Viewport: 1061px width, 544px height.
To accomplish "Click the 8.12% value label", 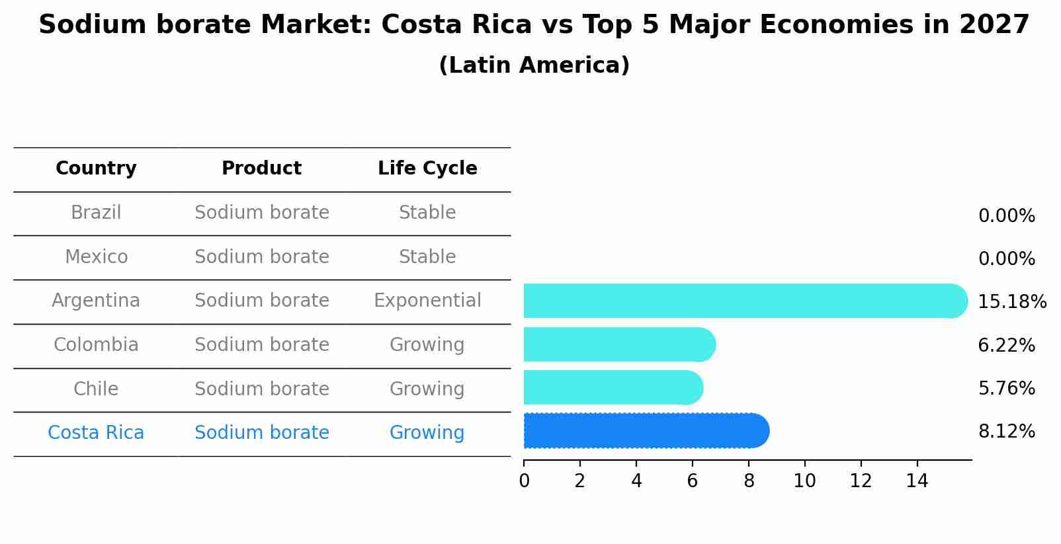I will tap(1006, 432).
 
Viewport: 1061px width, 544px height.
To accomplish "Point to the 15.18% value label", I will tap(1011, 302).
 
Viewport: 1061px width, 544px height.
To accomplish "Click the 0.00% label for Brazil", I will tap(1006, 216).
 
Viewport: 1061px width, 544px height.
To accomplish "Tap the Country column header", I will tap(96, 169).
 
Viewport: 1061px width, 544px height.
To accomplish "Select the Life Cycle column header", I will tap(427, 169).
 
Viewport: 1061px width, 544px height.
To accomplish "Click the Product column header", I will tap(261, 169).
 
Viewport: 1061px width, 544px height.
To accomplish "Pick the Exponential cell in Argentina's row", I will tap(427, 301).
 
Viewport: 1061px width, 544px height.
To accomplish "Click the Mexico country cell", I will tap(96, 256).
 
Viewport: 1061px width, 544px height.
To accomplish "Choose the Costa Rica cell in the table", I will tap(96, 433).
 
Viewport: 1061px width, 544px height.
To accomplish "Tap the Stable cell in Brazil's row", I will tap(427, 213).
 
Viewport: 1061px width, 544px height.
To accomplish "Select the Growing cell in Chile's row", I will tap(427, 389).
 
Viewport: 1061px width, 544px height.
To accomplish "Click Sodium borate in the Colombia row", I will tap(261, 345).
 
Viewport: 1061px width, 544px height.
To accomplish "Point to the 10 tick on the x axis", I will tap(804, 481).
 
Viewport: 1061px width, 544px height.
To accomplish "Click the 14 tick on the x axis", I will tap(917, 481).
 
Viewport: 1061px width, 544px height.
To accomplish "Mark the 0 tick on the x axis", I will tap(524, 481).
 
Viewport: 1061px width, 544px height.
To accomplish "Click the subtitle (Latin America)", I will tap(534, 65).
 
